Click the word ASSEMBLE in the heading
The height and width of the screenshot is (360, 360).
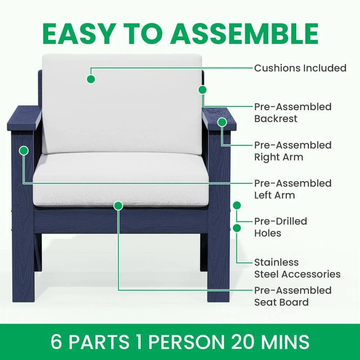click(x=244, y=33)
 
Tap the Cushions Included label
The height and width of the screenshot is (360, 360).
click(x=300, y=68)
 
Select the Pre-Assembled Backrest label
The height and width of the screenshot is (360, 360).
click(x=293, y=113)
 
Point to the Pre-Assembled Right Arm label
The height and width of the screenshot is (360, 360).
click(x=293, y=151)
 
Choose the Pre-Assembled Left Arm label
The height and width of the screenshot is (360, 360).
click(x=293, y=189)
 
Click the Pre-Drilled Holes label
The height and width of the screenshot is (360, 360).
click(x=280, y=227)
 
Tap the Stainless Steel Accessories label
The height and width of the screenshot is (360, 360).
click(x=297, y=268)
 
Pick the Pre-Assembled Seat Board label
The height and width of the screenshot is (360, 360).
click(x=293, y=296)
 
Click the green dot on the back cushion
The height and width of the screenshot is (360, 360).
click(x=91, y=79)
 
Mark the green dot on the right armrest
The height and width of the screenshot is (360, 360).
click(x=222, y=122)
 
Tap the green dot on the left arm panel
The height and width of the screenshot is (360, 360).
click(x=24, y=150)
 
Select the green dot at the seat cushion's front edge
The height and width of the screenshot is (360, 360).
click(x=118, y=206)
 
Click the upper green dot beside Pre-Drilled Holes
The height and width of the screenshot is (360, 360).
click(x=237, y=205)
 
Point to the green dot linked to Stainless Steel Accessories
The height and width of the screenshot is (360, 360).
click(x=237, y=228)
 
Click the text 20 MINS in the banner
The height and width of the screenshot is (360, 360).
click(x=270, y=342)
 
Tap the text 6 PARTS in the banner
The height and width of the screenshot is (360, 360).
click(x=90, y=342)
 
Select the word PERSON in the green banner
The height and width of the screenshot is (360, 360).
click(x=186, y=342)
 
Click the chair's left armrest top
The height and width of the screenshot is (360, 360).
click(x=24, y=118)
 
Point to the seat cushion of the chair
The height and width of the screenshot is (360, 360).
click(x=121, y=179)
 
